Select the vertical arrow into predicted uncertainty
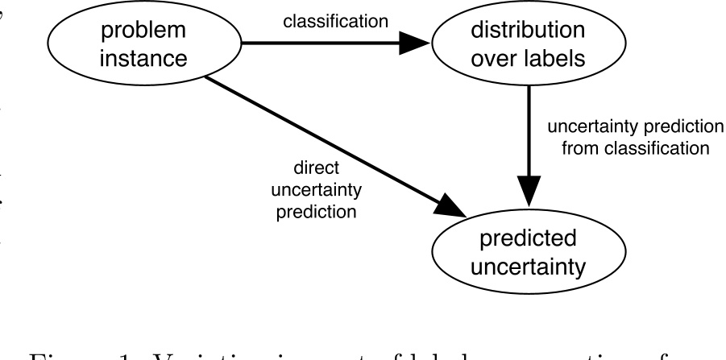529,145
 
